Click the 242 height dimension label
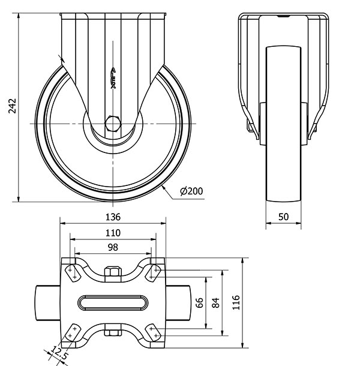coord(12,106)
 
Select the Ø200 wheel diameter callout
coord(191,191)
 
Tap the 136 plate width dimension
coord(113,217)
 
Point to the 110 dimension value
coord(113,233)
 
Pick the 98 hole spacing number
coord(113,247)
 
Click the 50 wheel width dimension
coord(283,217)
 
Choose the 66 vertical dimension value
coord(199,303)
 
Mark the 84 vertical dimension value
coord(215,303)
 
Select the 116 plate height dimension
coord(236,302)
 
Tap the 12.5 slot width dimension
coord(59,353)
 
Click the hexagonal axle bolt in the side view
coord(113,124)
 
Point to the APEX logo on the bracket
coord(113,79)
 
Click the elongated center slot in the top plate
coord(113,303)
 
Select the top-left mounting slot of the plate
coord(73,274)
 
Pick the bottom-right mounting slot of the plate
coord(154,332)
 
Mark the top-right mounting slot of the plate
coord(154,274)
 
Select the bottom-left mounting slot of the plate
coord(73,332)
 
